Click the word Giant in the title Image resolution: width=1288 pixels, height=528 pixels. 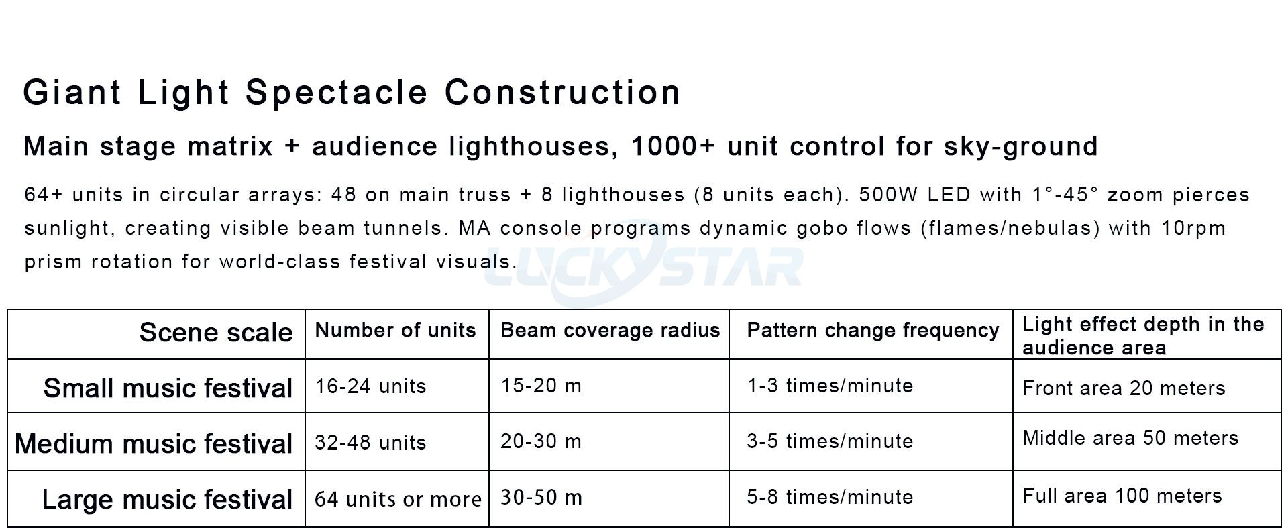72,93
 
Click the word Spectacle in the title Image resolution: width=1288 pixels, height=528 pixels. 336,93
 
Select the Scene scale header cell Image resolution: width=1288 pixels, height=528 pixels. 215,333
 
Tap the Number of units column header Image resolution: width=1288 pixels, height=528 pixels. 395,330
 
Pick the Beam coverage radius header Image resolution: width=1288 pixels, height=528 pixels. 610,330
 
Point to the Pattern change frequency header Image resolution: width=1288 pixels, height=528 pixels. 873,330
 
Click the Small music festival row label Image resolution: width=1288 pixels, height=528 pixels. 168,388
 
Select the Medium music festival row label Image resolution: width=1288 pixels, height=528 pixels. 154,444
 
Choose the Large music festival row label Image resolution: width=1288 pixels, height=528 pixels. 167,500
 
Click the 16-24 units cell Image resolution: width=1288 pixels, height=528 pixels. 370,386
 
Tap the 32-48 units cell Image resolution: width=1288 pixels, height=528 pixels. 370,443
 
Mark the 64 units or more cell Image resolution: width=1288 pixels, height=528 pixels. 398,499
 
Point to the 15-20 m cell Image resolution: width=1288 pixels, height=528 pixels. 541,386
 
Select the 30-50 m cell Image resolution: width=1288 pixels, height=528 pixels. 541,498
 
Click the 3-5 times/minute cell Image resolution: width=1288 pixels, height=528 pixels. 830,441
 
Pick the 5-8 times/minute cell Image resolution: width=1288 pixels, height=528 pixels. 830,497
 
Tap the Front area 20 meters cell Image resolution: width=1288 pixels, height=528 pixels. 1124,388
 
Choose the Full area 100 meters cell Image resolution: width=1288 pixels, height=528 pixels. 1122,496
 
